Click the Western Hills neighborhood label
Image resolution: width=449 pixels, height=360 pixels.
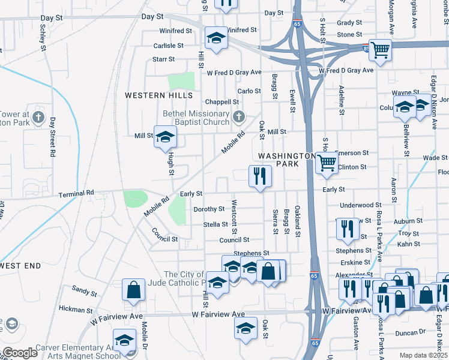(158, 95)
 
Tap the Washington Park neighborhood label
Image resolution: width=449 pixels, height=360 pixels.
(287, 159)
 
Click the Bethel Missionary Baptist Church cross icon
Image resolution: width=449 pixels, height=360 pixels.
(239, 116)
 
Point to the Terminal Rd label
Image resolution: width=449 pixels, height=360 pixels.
(76, 194)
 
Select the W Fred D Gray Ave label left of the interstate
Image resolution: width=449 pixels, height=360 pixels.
(234, 73)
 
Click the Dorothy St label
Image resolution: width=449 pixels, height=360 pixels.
(208, 209)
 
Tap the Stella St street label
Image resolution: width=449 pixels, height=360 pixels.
(216, 224)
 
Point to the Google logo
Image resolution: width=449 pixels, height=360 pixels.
(20, 352)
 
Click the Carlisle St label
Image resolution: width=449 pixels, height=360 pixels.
(168, 46)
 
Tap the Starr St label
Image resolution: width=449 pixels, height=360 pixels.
(163, 59)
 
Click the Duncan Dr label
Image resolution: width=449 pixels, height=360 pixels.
(411, 331)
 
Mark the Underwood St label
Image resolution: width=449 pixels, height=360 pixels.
(360, 205)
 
